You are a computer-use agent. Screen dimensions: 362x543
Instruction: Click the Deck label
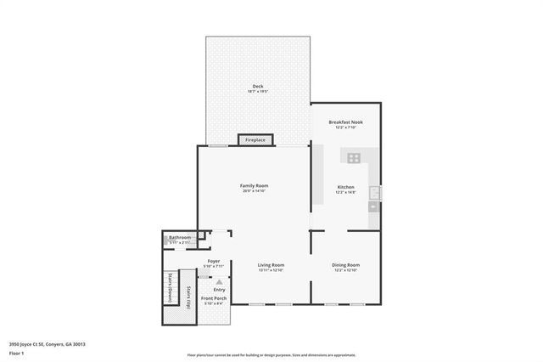257,87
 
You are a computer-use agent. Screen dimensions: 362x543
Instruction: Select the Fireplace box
255,139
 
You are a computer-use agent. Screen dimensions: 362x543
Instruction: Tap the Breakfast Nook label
345,122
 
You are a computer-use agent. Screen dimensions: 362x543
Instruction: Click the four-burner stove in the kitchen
353,157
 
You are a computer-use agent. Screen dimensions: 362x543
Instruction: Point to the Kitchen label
345,186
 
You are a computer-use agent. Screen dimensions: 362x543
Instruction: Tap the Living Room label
271,264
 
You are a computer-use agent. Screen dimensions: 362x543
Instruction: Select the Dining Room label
345,264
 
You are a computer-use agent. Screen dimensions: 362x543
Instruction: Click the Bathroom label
180,238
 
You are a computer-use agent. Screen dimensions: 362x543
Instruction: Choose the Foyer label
214,261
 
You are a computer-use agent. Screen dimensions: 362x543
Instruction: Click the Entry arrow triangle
220,281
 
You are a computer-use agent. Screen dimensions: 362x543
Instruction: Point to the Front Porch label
213,298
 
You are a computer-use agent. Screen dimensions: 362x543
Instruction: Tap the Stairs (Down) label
171,288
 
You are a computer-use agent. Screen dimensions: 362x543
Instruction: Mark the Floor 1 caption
16,352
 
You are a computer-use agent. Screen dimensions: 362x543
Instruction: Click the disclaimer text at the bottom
271,354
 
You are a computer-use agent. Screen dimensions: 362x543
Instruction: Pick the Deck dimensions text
257,92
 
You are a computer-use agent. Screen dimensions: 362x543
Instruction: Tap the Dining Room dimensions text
345,270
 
